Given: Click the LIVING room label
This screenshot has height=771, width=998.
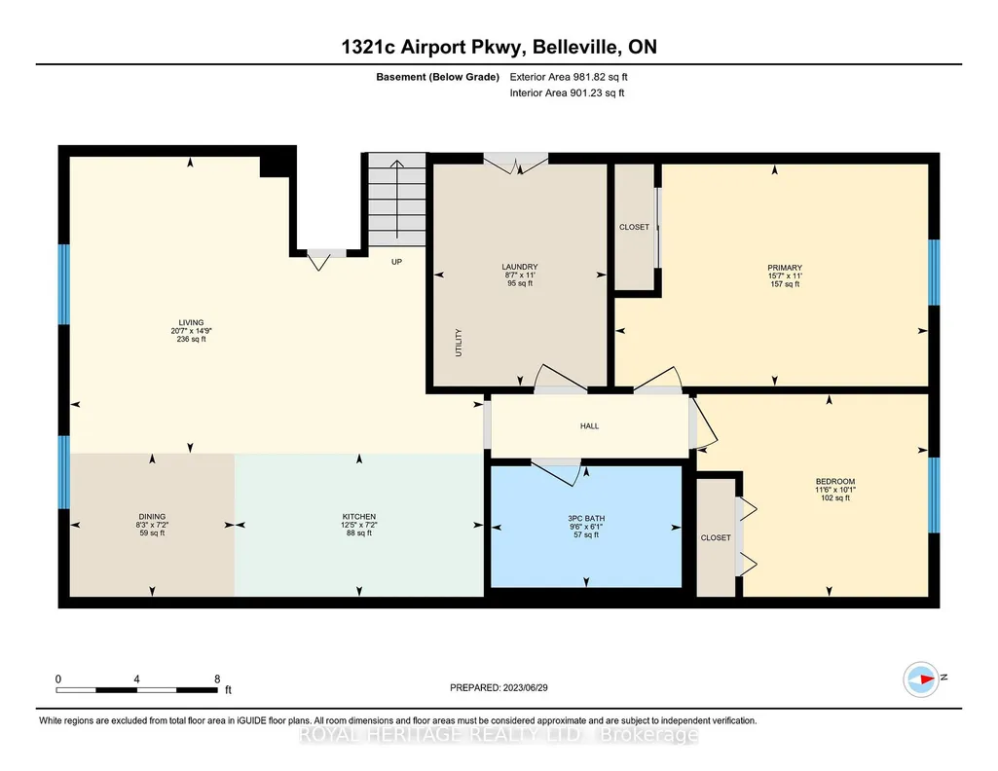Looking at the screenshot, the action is click(191, 322).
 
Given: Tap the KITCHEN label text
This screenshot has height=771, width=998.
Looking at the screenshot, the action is click(359, 517).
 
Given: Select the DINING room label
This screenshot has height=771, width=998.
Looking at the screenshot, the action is click(152, 517).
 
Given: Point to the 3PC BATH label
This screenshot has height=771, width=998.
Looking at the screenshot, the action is click(586, 519).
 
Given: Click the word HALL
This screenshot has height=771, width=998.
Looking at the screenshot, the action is click(589, 426).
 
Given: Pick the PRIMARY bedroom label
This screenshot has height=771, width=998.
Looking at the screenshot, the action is click(785, 268).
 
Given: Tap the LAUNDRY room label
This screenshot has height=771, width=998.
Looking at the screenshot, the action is click(520, 267).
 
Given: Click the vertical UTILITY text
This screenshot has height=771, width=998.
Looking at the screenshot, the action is click(459, 343).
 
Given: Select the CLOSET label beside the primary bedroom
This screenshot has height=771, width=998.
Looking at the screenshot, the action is click(635, 227).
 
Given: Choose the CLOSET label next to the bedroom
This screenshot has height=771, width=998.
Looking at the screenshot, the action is click(716, 537).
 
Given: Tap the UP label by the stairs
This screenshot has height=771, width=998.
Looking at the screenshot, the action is click(396, 262).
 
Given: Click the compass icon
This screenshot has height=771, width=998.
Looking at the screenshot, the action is click(921, 679).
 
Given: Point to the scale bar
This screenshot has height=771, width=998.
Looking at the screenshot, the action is click(137, 689).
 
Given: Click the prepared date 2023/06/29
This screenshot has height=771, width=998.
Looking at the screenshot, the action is click(525, 687).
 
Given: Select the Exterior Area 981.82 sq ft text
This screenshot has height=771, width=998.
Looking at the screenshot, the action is click(569, 77).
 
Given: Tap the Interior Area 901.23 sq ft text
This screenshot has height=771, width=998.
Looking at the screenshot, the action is click(567, 92).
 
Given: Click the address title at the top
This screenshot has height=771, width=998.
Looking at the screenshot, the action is click(499, 47).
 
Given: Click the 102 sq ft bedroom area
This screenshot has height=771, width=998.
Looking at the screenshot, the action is click(835, 498).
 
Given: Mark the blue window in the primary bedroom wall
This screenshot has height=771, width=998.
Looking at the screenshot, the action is click(934, 273).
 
